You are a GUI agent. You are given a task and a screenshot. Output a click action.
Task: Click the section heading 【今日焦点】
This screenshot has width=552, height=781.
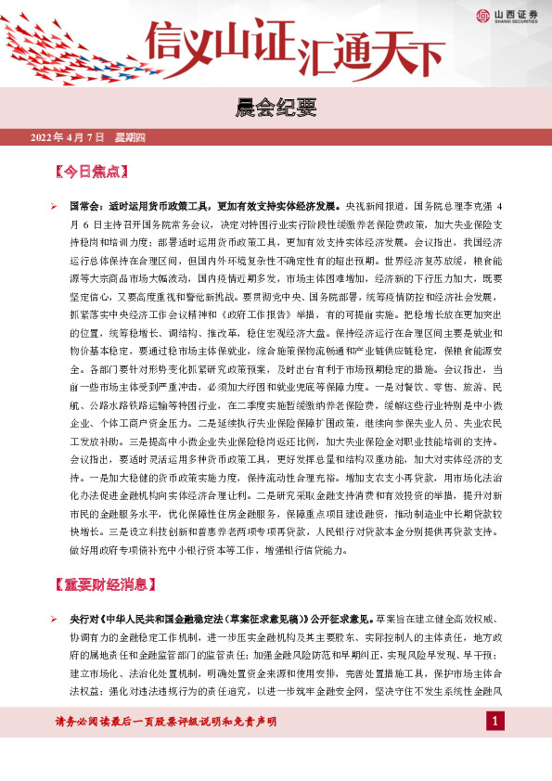coord(91,173)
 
